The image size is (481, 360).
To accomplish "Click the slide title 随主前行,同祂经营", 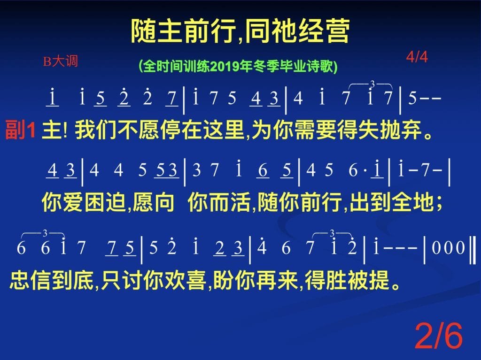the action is [240, 31].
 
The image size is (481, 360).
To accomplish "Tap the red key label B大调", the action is [61, 61].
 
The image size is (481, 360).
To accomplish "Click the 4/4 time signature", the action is [417, 57].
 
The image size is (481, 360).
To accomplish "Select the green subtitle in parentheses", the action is [238, 66].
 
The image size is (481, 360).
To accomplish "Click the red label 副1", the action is [20, 130].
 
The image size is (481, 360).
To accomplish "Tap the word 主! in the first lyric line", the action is [54, 130].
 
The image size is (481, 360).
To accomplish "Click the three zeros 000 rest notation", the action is [448, 248].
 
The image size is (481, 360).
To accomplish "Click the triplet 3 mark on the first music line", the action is [372, 84].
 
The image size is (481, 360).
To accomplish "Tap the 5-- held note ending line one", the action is [425, 98].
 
